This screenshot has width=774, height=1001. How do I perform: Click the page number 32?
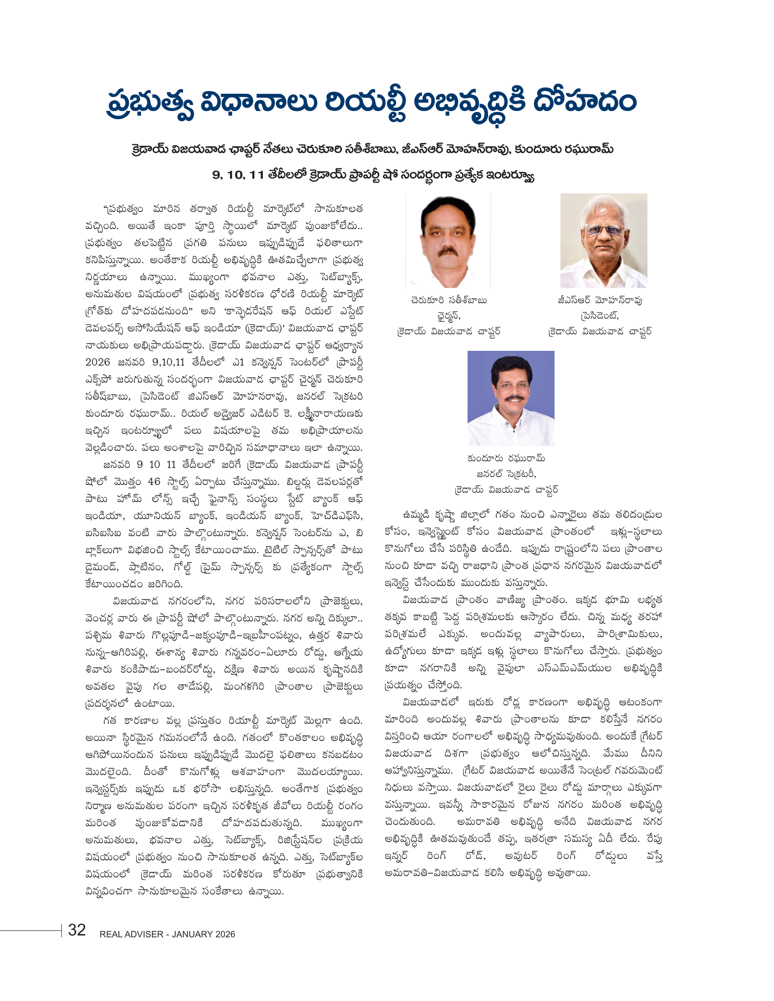[76, 930]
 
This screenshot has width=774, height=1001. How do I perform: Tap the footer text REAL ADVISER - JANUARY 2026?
[167, 934]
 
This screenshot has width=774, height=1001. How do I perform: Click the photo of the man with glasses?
[603, 240]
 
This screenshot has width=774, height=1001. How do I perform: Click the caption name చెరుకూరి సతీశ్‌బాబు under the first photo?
[448, 301]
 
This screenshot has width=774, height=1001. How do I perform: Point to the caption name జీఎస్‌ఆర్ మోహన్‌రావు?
[600, 301]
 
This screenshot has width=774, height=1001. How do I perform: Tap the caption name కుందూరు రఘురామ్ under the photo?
[506, 458]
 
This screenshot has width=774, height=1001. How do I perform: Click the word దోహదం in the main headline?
[585, 102]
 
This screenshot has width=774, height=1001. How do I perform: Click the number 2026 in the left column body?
[98, 362]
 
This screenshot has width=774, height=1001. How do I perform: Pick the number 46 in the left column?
[153, 482]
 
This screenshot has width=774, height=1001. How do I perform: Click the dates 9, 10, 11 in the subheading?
[238, 175]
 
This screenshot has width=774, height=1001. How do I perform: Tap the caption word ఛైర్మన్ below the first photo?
[448, 316]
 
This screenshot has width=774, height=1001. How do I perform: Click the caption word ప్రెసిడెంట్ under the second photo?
[600, 316]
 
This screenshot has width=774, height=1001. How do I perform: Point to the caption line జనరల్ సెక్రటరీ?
[506, 474]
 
